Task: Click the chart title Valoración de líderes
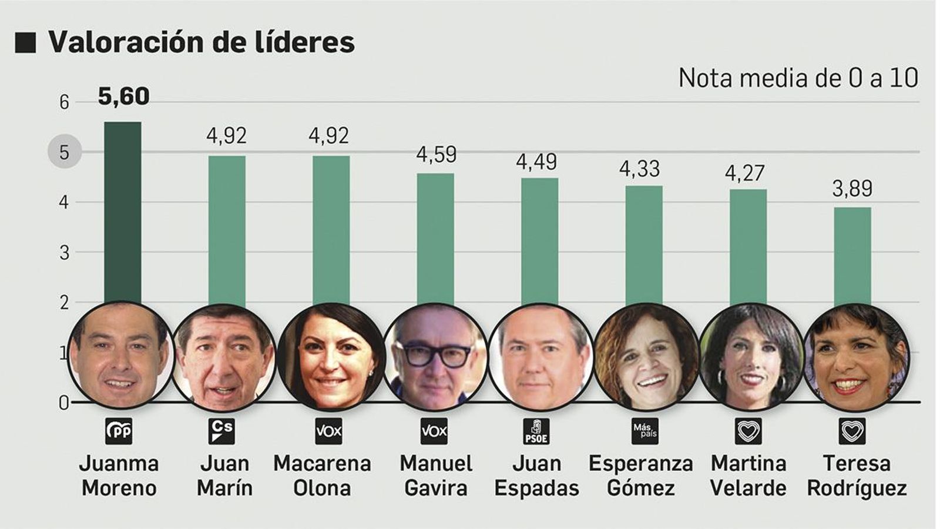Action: click(202, 42)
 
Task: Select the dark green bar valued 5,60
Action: click(122, 212)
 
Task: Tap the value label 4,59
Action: click(436, 155)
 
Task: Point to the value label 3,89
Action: click(852, 189)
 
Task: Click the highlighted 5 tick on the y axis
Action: click(64, 152)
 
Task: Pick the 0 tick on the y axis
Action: click(63, 403)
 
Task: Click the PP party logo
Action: click(119, 431)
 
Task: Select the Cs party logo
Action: click(223, 431)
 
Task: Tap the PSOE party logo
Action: click(536, 431)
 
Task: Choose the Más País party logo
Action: click(644, 431)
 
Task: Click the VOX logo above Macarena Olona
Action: click(329, 431)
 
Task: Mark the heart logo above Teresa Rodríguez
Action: click(852, 431)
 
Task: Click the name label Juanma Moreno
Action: click(119, 476)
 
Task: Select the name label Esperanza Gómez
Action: click(641, 476)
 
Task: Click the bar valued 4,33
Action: click(643, 244)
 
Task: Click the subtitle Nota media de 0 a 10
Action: click(798, 78)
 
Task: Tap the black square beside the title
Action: click(26, 43)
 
